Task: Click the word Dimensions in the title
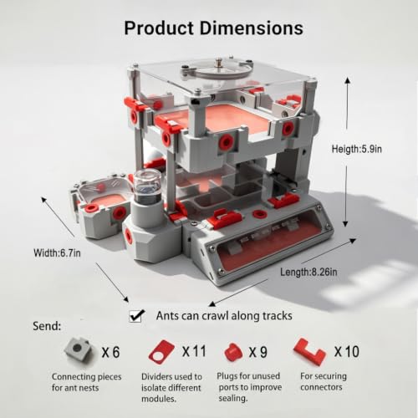[x=252, y=28]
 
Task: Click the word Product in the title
[x=159, y=28]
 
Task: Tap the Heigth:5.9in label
[x=357, y=149]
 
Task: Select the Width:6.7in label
[x=57, y=253]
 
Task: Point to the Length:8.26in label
[x=308, y=272]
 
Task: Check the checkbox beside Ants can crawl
[x=136, y=316]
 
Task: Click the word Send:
[x=47, y=326]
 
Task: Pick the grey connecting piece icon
[x=79, y=349]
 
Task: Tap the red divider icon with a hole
[x=161, y=352]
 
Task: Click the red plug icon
[x=233, y=352]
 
